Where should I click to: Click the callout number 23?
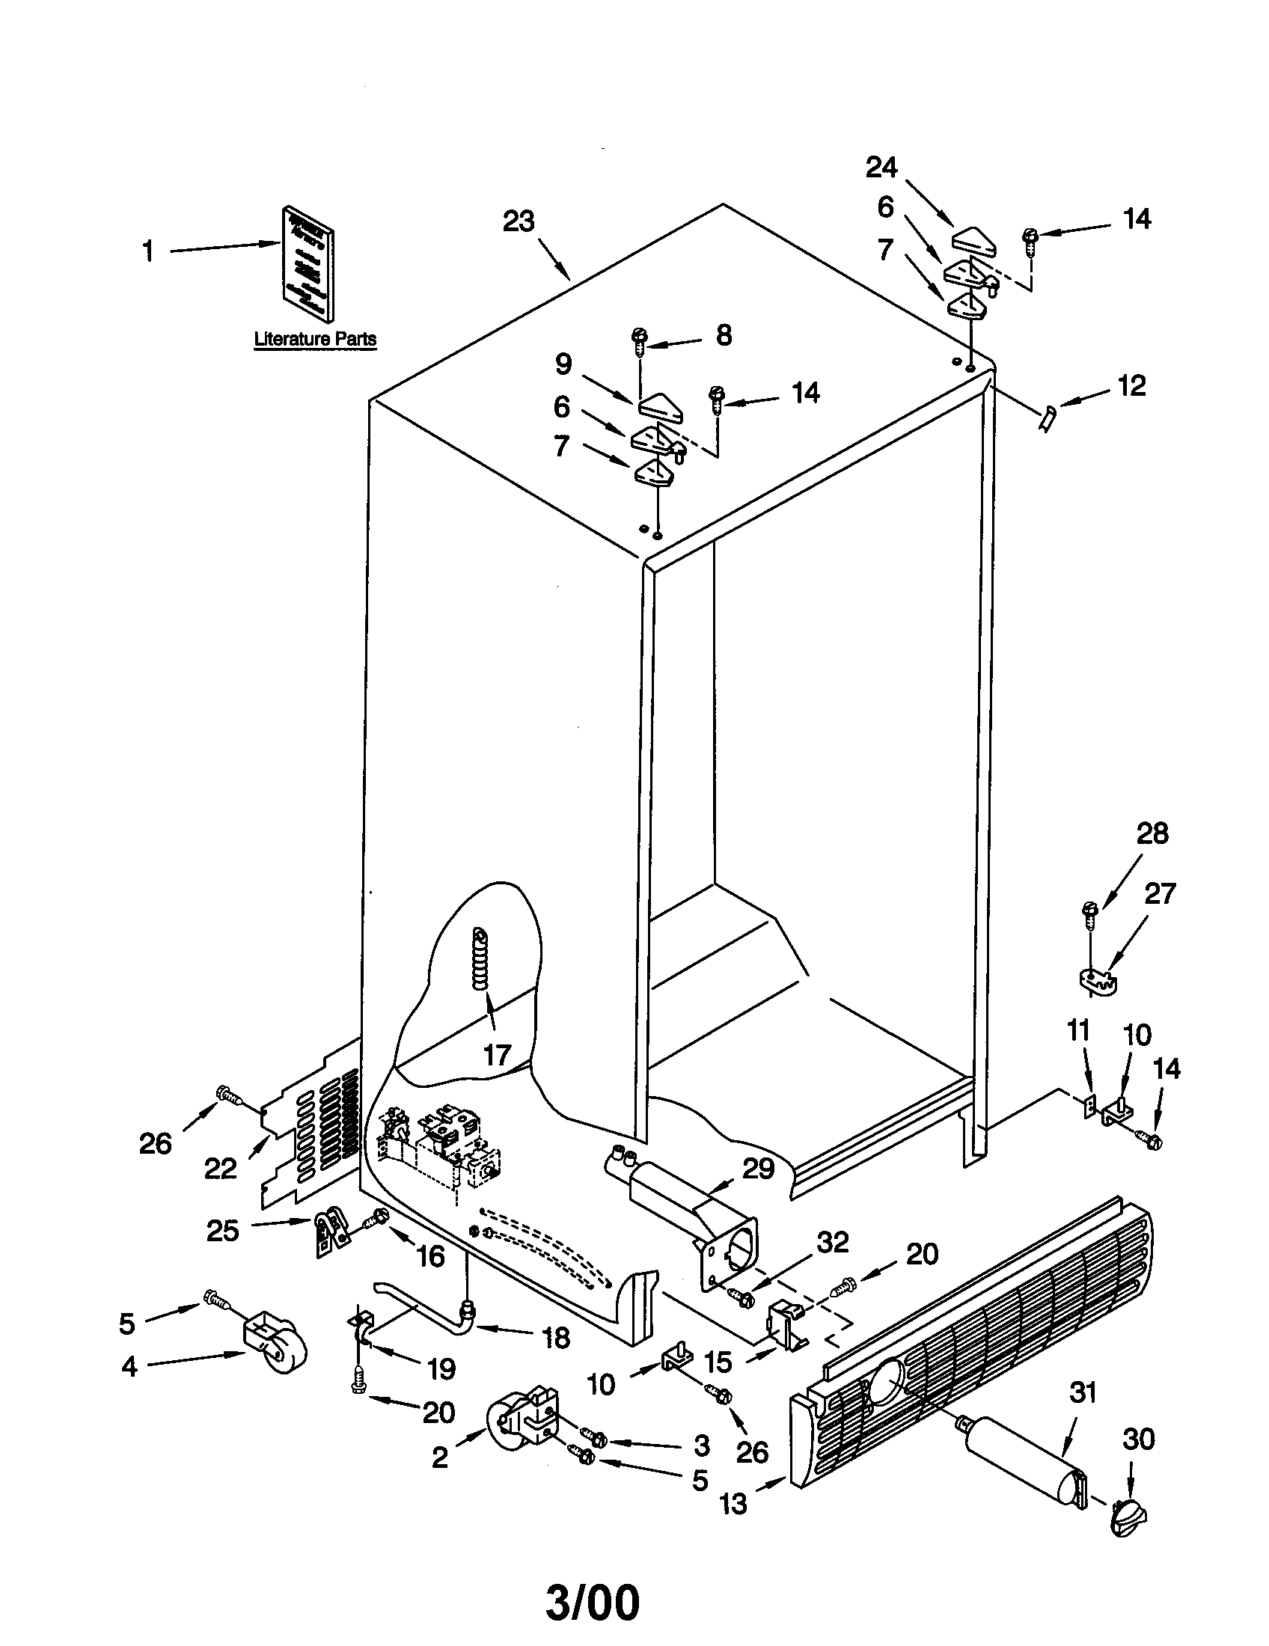(519, 221)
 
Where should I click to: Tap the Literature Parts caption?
(315, 339)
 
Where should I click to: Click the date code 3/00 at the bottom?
(593, 1600)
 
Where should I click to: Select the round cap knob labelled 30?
(1128, 1514)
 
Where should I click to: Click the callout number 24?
(881, 167)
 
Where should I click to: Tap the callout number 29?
(758, 1168)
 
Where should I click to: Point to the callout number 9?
(563, 365)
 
